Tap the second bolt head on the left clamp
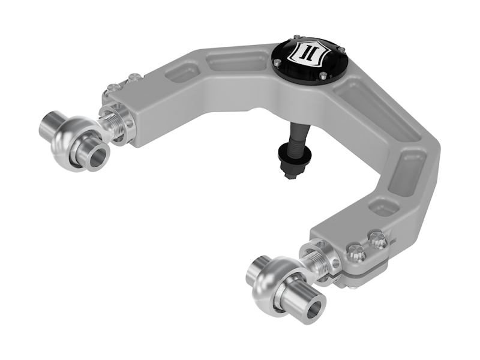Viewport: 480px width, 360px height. (135, 77)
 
